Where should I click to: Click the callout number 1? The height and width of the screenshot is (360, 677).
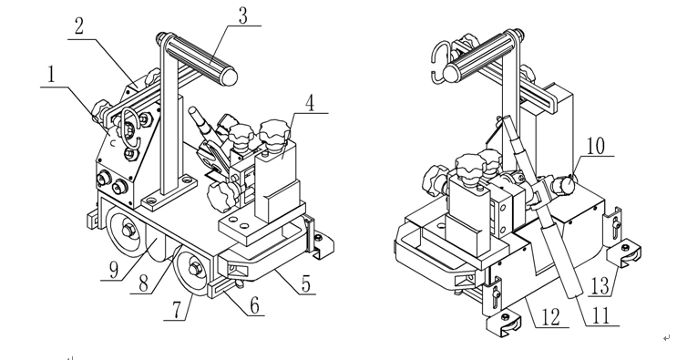point(52,74)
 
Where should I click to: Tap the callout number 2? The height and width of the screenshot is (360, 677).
point(78,26)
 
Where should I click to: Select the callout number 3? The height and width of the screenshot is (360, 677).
point(243,15)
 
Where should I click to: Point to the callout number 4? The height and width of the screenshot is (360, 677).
point(310,103)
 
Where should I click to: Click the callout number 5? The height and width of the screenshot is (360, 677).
point(305,284)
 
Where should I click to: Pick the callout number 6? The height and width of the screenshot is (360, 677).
point(255,305)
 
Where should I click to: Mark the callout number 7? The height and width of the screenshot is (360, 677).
point(176,310)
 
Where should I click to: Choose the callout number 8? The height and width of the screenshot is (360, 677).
point(144,283)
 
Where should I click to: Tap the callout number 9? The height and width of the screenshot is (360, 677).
point(114,270)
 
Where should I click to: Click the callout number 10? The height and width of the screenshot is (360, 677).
point(595,146)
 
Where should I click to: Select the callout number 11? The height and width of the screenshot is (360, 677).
point(600,315)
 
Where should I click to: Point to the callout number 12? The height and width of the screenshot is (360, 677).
point(550,317)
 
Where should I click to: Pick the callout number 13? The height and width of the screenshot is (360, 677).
point(600,286)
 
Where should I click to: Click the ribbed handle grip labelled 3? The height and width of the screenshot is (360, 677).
point(198,58)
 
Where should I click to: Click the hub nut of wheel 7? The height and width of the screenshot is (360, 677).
point(195,270)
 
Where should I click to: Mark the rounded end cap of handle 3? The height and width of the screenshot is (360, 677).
point(229,77)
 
